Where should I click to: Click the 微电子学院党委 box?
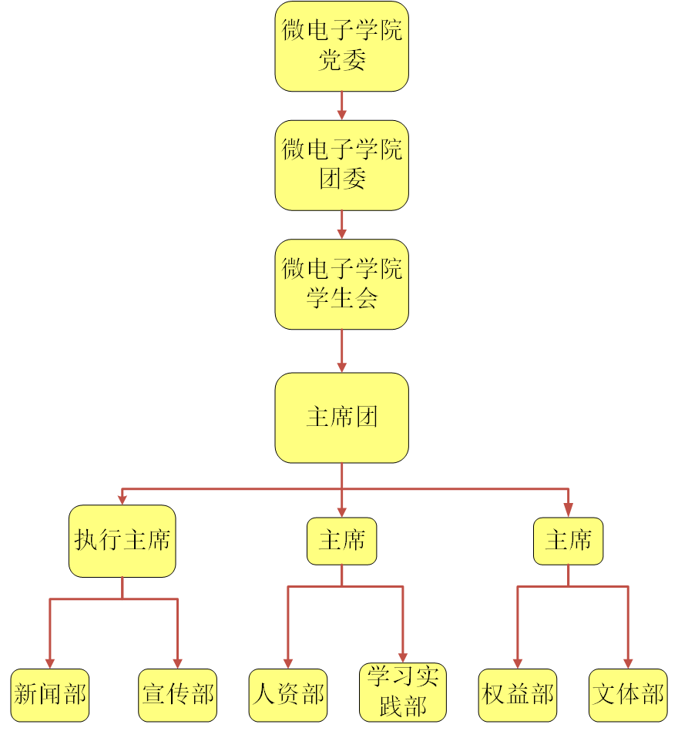(341, 46)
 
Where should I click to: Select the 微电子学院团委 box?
(341, 165)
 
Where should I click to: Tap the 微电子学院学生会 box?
(341, 284)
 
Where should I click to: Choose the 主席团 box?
(341, 417)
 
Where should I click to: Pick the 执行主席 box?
(122, 541)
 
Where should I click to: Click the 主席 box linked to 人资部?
(341, 541)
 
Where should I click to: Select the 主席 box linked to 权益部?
(568, 541)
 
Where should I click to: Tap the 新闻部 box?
(50, 695)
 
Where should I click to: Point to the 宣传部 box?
(178, 695)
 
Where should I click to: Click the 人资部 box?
(288, 695)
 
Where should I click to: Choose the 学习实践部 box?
(402, 692)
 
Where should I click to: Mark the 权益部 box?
(518, 695)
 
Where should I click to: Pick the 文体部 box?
(628, 695)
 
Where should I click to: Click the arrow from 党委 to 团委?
(341, 106)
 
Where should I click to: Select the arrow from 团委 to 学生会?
(341, 224)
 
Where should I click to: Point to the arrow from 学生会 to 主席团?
(341, 351)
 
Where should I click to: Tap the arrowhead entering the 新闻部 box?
(50, 663)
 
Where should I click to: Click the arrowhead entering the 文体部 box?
(628, 663)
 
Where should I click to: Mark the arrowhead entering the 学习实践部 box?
(402, 657)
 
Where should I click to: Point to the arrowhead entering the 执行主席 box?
(122, 500)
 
